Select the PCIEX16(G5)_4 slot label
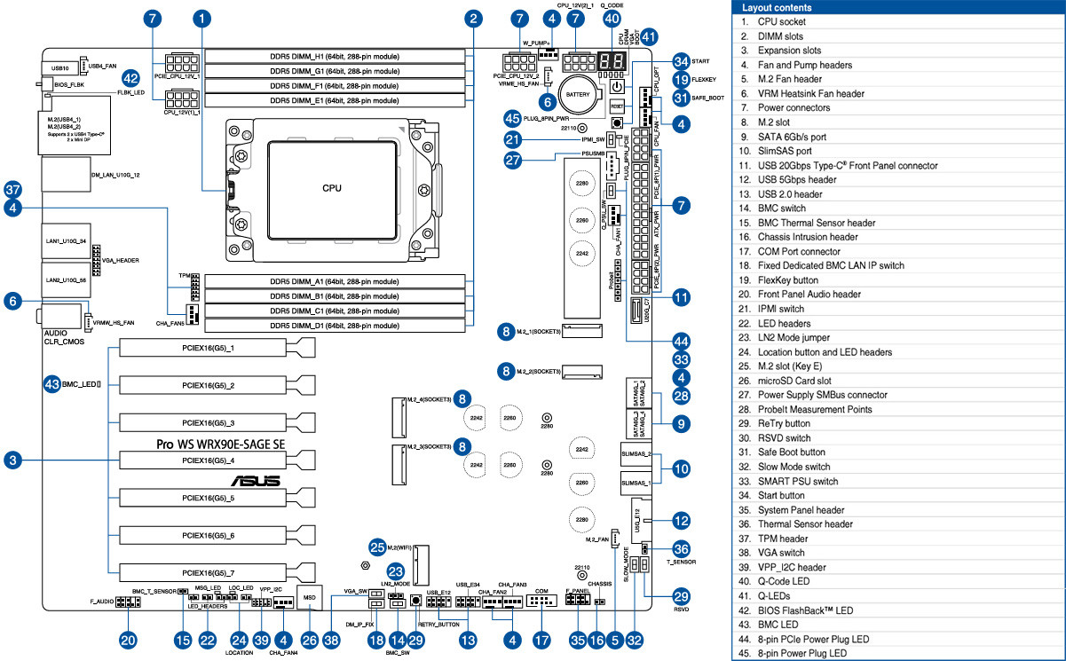click(x=207, y=460)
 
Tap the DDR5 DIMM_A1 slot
click(x=335, y=280)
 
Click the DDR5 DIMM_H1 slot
click(x=335, y=52)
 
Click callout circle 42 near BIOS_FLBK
click(x=130, y=78)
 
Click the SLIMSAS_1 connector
click(x=636, y=484)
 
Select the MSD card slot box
click(x=309, y=598)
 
